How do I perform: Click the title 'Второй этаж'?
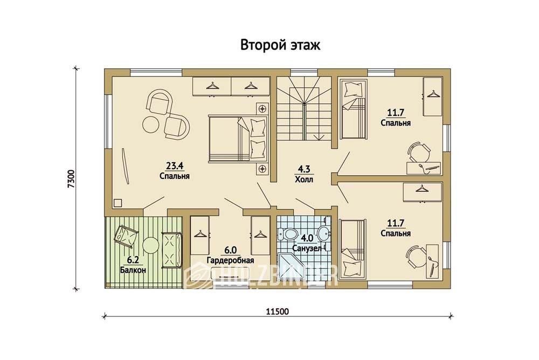tap(280, 45)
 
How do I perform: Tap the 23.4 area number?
tap(175, 166)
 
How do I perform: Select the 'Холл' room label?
tap(304, 179)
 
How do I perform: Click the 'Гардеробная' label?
tap(230, 260)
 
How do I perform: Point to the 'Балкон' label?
tap(133, 270)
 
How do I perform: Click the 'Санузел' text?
tap(307, 248)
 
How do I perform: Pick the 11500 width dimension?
tap(278, 312)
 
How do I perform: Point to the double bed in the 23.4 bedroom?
tap(238, 139)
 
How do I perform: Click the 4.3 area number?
tap(304, 169)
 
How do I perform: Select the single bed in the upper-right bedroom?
tap(354, 109)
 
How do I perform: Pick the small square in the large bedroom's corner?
tap(118, 203)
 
